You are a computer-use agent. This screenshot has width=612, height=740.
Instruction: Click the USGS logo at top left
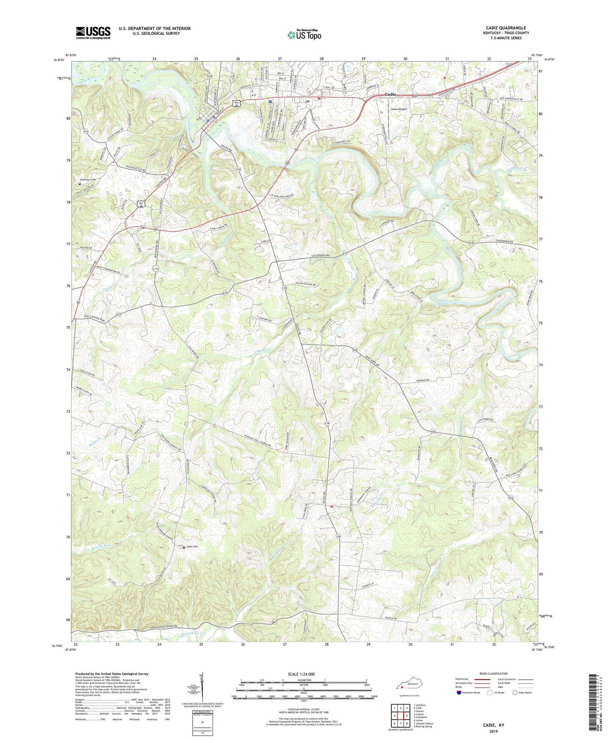(x=93, y=33)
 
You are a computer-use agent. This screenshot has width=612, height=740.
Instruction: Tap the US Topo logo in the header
(x=304, y=35)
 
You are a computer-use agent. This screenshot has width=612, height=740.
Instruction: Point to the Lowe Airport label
(x=399, y=109)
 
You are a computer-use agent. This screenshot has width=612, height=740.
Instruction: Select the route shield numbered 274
(x=86, y=131)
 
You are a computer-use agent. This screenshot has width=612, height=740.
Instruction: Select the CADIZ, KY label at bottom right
(x=494, y=725)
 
